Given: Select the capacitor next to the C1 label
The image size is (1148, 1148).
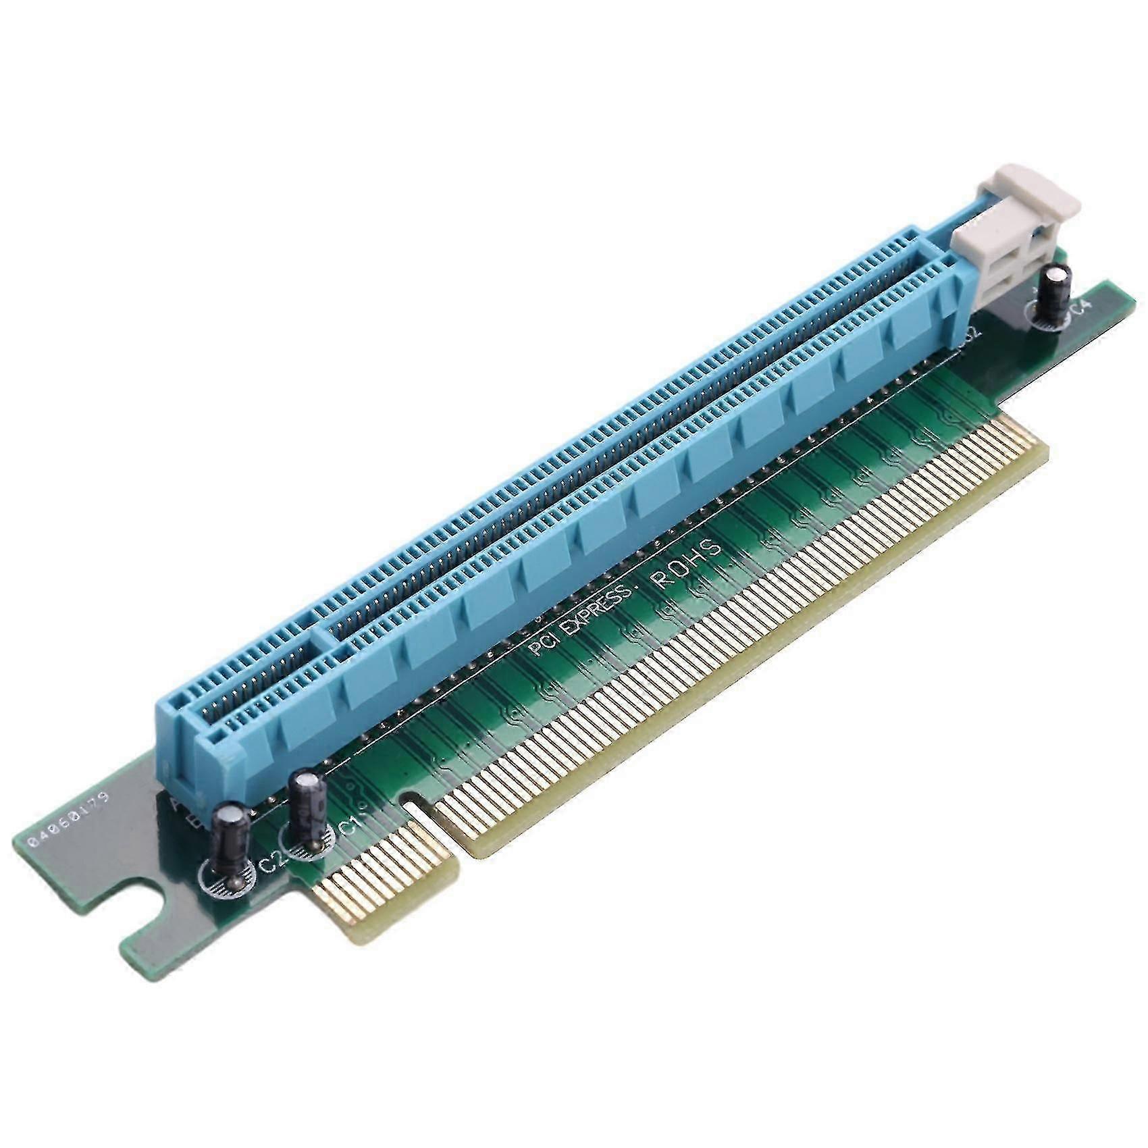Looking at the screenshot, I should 308,810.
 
